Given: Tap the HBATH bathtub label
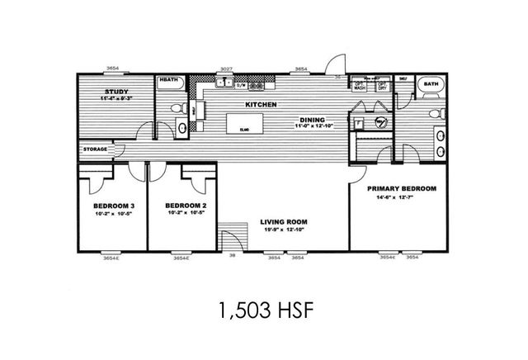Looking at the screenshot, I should coord(169,81).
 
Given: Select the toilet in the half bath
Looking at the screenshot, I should coord(175,110).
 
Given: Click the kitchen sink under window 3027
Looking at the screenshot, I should coord(222,83).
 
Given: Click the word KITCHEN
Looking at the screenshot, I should coord(260,105).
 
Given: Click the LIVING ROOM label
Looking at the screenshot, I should coord(284,221).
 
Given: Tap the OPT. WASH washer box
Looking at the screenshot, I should coord(360,85).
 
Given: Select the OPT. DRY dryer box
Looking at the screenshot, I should coord(382,85).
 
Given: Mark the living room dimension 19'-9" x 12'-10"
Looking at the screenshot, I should coord(284,230).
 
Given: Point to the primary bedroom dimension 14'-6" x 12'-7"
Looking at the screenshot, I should coord(401,197).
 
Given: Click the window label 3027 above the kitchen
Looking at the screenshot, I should coord(225,69).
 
